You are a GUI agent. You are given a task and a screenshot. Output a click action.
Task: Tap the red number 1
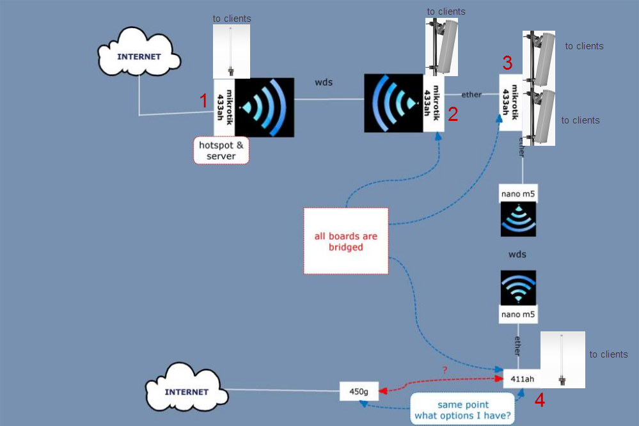point(203,101)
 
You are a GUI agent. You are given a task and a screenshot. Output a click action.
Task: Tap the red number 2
point(453,114)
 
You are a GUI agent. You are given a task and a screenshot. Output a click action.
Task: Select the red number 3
point(507,63)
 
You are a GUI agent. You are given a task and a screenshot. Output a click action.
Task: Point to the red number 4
point(540,401)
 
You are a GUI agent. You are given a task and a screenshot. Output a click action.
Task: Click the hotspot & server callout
point(221,150)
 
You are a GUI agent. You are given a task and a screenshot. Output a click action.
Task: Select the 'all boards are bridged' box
point(346,241)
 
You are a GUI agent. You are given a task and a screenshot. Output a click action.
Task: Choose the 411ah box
point(522,379)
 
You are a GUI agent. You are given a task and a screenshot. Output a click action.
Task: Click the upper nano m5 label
point(518,193)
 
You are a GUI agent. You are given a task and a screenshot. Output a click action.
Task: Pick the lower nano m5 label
point(518,314)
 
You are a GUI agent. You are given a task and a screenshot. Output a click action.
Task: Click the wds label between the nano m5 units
point(517,255)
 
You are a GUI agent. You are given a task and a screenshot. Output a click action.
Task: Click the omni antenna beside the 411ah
point(562,359)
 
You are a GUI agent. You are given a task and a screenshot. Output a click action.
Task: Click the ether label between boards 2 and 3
point(471,94)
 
